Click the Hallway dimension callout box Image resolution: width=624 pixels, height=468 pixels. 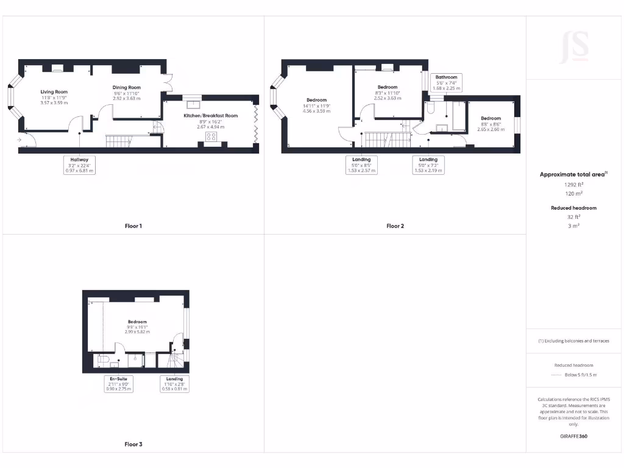(x=80, y=165)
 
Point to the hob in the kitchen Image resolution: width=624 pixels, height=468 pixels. (x=211, y=136)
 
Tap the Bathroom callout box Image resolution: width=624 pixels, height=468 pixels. (x=446, y=82)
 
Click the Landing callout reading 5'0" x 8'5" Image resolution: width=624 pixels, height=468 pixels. (x=361, y=165)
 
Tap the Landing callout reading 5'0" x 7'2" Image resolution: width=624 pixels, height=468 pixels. (x=428, y=165)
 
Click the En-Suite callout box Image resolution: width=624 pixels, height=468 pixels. (x=118, y=383)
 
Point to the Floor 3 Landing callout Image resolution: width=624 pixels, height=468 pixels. (x=174, y=383)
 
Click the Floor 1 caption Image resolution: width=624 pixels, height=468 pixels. (x=133, y=226)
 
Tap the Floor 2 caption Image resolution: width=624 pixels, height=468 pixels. (x=395, y=226)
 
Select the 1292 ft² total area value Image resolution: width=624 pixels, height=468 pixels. (x=573, y=183)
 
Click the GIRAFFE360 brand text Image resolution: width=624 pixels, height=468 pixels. (x=573, y=436)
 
